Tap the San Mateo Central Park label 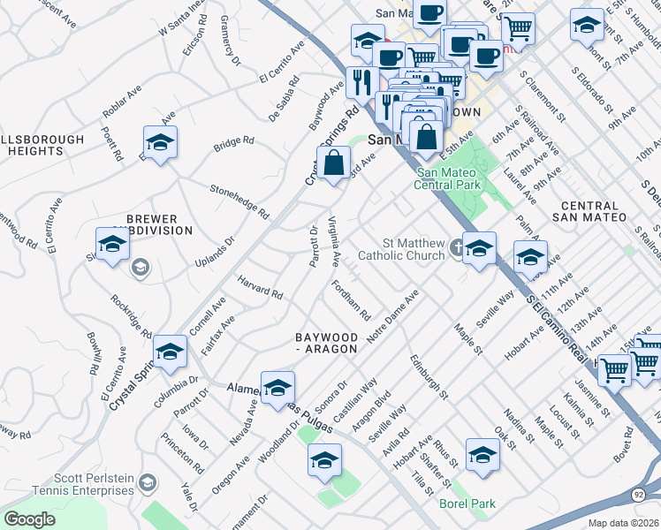click(449, 179)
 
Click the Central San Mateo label click(589, 210)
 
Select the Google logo click(29, 519)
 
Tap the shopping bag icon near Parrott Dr click(334, 163)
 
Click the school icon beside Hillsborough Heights click(160, 142)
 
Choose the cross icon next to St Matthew click(456, 248)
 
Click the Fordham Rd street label click(350, 300)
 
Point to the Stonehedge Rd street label click(239, 201)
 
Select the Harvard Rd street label click(260, 288)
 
